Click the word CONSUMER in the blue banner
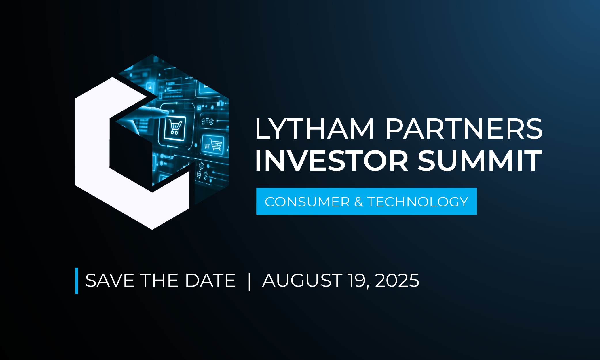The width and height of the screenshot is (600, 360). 307,202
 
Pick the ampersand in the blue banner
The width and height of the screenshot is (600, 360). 358,202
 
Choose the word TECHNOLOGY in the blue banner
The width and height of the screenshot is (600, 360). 418,202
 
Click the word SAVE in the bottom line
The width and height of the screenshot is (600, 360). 110,280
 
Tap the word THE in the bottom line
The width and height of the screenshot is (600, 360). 159,280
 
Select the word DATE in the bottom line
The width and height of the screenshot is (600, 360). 210,280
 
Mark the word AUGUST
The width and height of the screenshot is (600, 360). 302,280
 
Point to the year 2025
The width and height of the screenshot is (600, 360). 397,280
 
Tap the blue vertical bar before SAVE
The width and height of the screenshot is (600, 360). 77,281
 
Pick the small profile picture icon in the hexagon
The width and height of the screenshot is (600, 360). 150,86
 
